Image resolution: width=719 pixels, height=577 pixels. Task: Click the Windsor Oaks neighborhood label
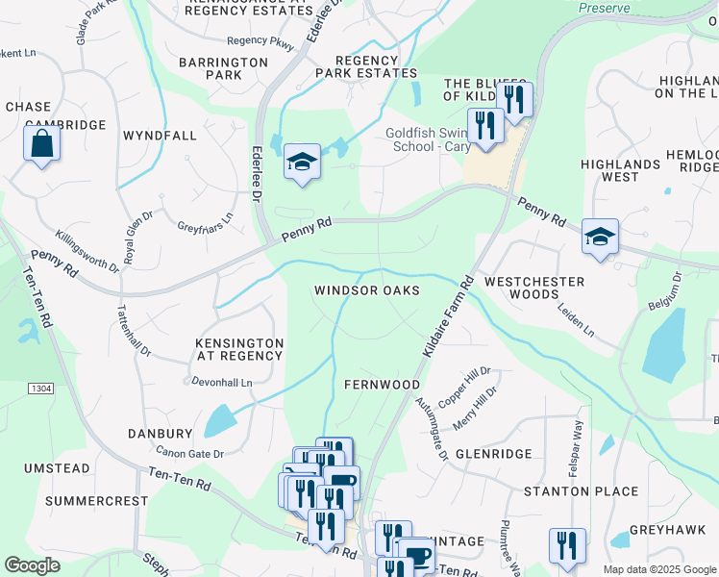(367, 290)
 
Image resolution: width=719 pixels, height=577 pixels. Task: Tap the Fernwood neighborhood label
(383, 385)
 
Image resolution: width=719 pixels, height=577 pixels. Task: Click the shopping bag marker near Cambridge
(41, 144)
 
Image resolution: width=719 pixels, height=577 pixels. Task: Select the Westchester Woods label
(534, 288)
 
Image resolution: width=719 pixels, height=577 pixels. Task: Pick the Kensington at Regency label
(239, 349)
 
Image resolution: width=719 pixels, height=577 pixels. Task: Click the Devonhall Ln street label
(222, 383)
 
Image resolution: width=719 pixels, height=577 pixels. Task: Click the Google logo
(32, 565)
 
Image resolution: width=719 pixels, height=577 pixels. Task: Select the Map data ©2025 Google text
(658, 569)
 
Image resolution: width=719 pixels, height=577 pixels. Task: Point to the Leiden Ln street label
(576, 321)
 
